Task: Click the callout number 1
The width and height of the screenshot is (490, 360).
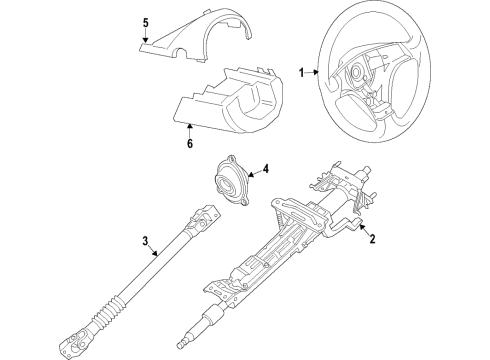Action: (302, 72)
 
